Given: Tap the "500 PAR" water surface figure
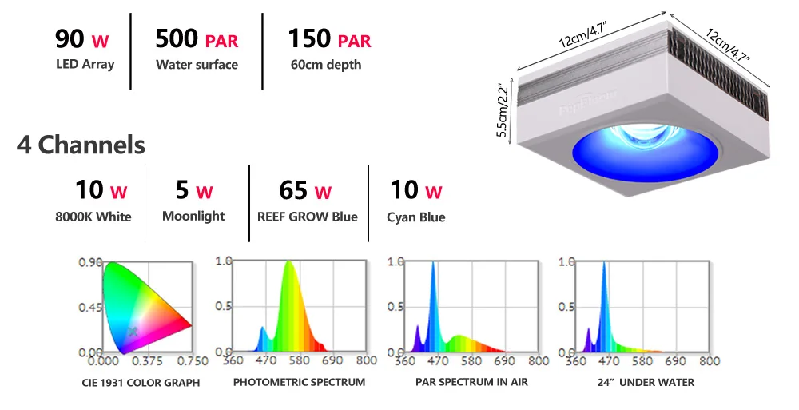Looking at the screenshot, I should (x=197, y=38).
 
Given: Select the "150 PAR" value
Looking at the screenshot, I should (x=329, y=38).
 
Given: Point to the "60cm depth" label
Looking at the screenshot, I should (x=326, y=64).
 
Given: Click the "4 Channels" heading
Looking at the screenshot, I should (x=81, y=145).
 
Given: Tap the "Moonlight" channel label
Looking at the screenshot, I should (x=193, y=216).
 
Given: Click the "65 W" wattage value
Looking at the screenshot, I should (x=305, y=191).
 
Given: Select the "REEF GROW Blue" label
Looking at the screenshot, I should (x=308, y=217).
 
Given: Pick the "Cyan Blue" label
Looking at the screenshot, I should (x=415, y=217).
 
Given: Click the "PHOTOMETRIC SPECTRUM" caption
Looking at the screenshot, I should (x=299, y=382).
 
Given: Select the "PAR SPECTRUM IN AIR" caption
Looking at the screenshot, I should (x=471, y=382).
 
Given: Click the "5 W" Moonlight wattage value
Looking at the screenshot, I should (x=193, y=191).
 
